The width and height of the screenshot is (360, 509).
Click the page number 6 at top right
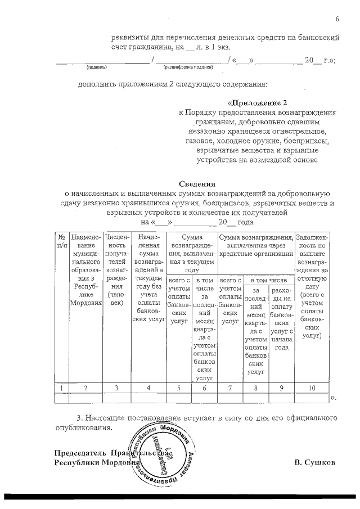click(x=337, y=20)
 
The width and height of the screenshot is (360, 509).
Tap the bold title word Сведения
click(x=197, y=184)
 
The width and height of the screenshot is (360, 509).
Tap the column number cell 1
click(x=61, y=388)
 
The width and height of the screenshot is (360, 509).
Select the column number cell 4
click(x=148, y=388)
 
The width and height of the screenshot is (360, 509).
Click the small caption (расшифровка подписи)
click(x=188, y=67)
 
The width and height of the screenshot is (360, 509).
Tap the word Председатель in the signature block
click(x=80, y=453)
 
